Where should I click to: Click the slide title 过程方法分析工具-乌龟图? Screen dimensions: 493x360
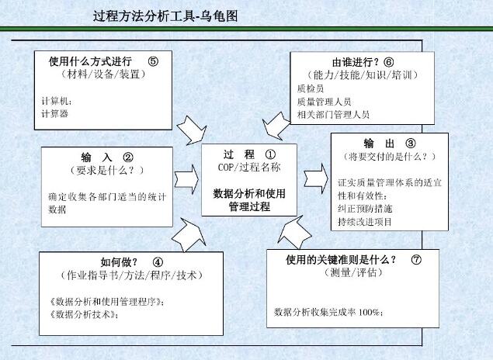coord(165,16)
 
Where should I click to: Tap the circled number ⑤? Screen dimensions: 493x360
coord(153,61)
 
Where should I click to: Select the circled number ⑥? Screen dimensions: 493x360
coord(389,62)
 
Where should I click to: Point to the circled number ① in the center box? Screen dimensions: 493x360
coord(270,154)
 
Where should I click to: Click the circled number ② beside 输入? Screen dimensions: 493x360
coord(128,157)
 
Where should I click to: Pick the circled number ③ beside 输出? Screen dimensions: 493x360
coord(410,144)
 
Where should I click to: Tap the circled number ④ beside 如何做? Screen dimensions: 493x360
coord(158,261)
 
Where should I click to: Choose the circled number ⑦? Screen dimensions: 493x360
coord(416,259)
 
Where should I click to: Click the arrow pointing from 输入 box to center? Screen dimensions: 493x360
coord(186,179)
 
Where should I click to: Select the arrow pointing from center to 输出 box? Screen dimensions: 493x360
coord(316,179)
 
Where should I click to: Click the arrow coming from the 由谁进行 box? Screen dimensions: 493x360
coord(276,126)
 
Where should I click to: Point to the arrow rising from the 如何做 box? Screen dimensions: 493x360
coord(189,235)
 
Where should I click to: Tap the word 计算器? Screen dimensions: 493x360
coord(55,114)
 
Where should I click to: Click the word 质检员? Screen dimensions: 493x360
coord(311,88)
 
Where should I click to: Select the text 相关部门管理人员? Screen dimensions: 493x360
coord(333,115)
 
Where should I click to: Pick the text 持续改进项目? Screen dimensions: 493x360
coord(365,222)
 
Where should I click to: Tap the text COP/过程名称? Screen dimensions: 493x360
coord(249,167)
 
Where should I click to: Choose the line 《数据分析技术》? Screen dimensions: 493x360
coord(84,314)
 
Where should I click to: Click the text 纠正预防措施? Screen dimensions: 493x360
coord(365,209)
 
